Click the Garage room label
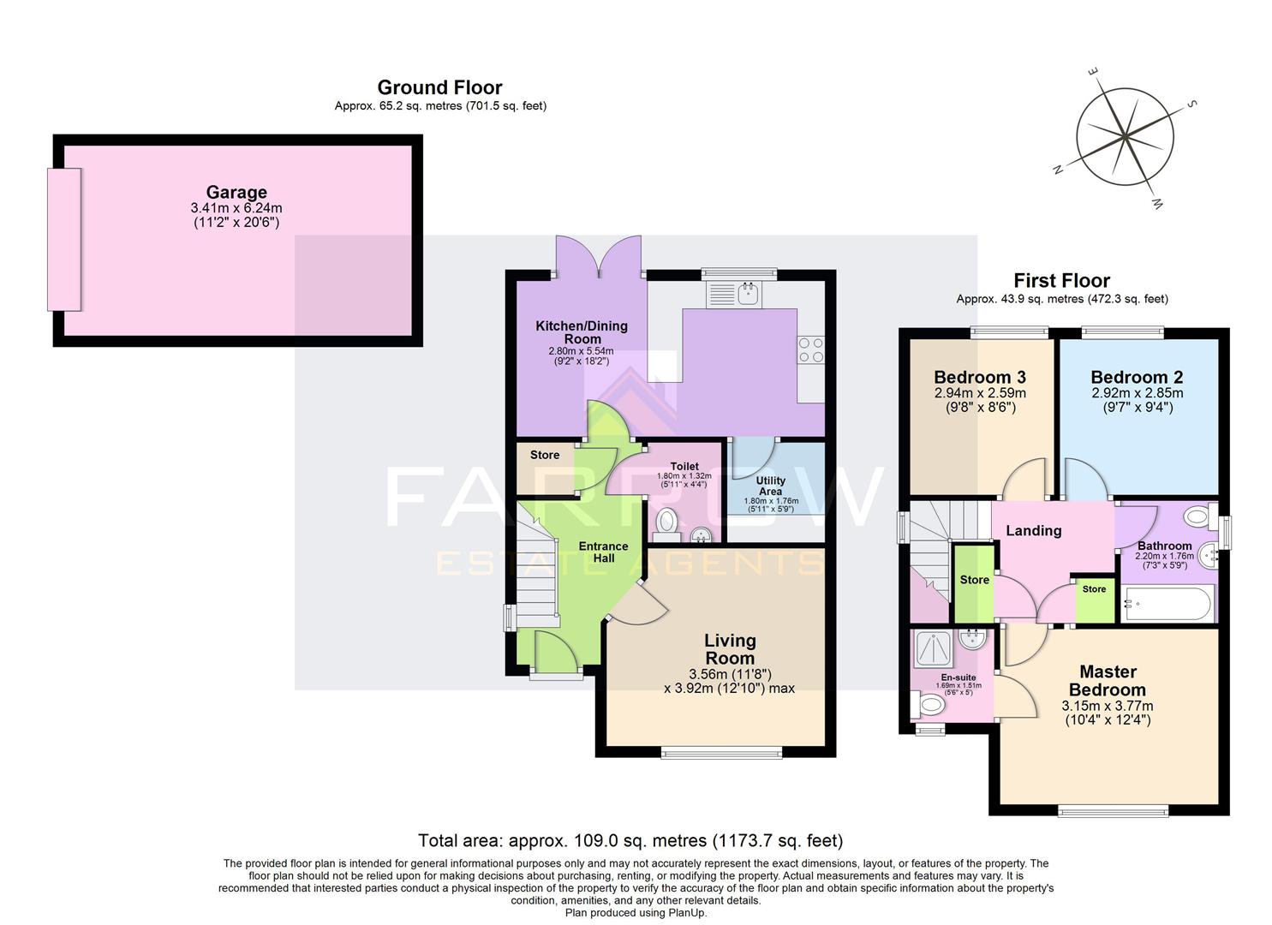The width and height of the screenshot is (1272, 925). coord(236,193)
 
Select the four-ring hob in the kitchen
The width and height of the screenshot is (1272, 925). coord(811,350)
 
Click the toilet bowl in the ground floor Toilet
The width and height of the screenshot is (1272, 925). coord(666,521)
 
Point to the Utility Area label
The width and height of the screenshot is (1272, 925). coord(770,486)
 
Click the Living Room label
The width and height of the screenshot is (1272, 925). coord(730,649)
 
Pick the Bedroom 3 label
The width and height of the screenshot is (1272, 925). coord(980,378)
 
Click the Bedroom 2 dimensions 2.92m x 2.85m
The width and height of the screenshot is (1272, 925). coord(1137,393)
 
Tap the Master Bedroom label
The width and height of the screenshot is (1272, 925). coord(1108,681)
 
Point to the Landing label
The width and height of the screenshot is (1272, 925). coord(1033,531)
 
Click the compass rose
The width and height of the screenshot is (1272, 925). coord(1124,137)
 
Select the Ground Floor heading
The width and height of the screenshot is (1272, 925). coord(439,87)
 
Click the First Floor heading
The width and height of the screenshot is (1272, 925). coord(1061,281)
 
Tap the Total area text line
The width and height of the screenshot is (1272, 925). coord(630,840)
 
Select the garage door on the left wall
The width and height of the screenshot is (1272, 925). coord(63,239)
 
